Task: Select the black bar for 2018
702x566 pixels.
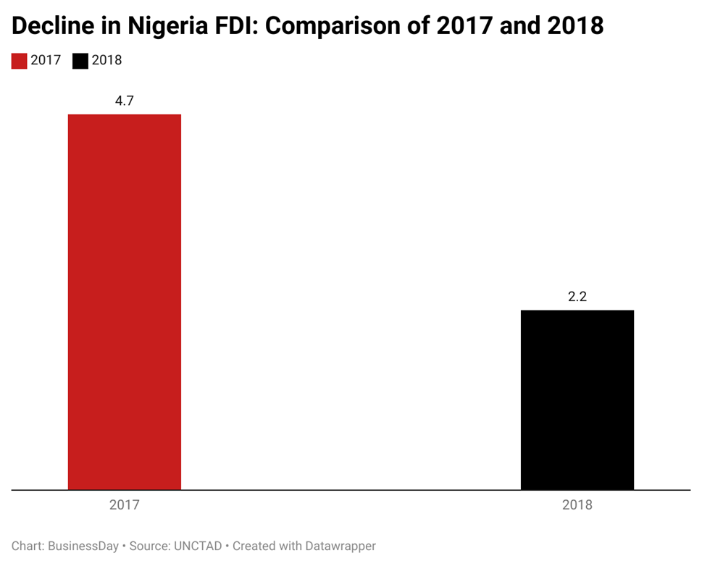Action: tap(577, 400)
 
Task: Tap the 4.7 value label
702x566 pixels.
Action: tap(124, 101)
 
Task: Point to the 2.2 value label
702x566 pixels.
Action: tap(577, 297)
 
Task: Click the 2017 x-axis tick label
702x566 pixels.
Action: tap(124, 505)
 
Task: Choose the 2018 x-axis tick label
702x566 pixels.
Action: tap(577, 505)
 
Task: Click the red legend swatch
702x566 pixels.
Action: tap(19, 61)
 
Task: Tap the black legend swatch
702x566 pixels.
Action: tap(80, 61)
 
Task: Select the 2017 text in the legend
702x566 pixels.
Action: tap(46, 61)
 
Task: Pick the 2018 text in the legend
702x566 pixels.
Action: tap(106, 61)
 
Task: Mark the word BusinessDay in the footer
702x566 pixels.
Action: tap(83, 546)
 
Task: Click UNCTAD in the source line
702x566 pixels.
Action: tap(196, 546)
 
